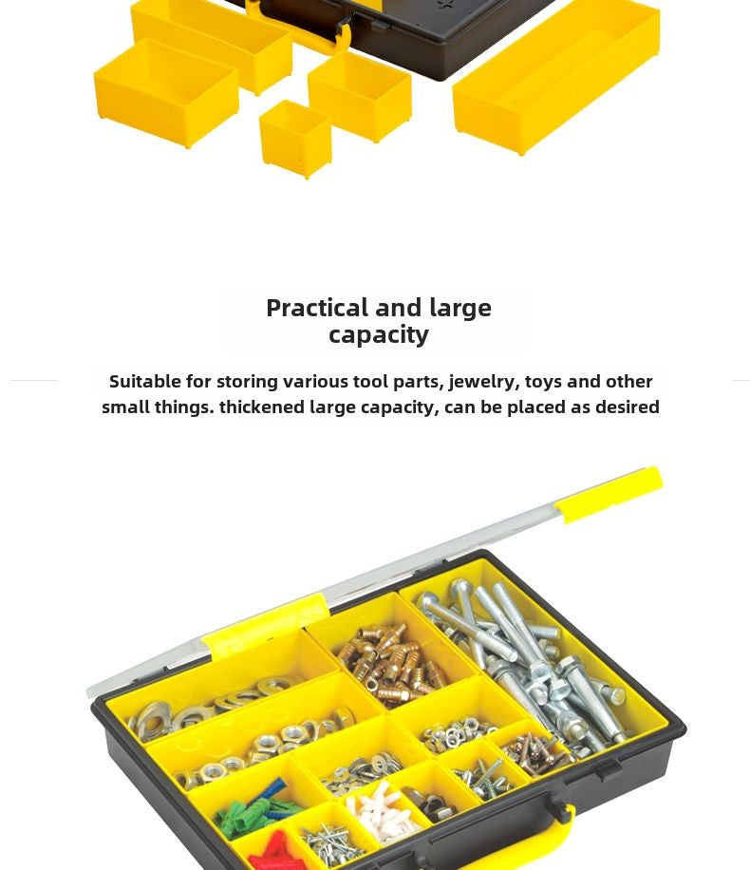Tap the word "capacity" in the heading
[379, 334]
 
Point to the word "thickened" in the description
[262, 407]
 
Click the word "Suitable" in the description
[144, 382]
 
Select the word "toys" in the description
[542, 382]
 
